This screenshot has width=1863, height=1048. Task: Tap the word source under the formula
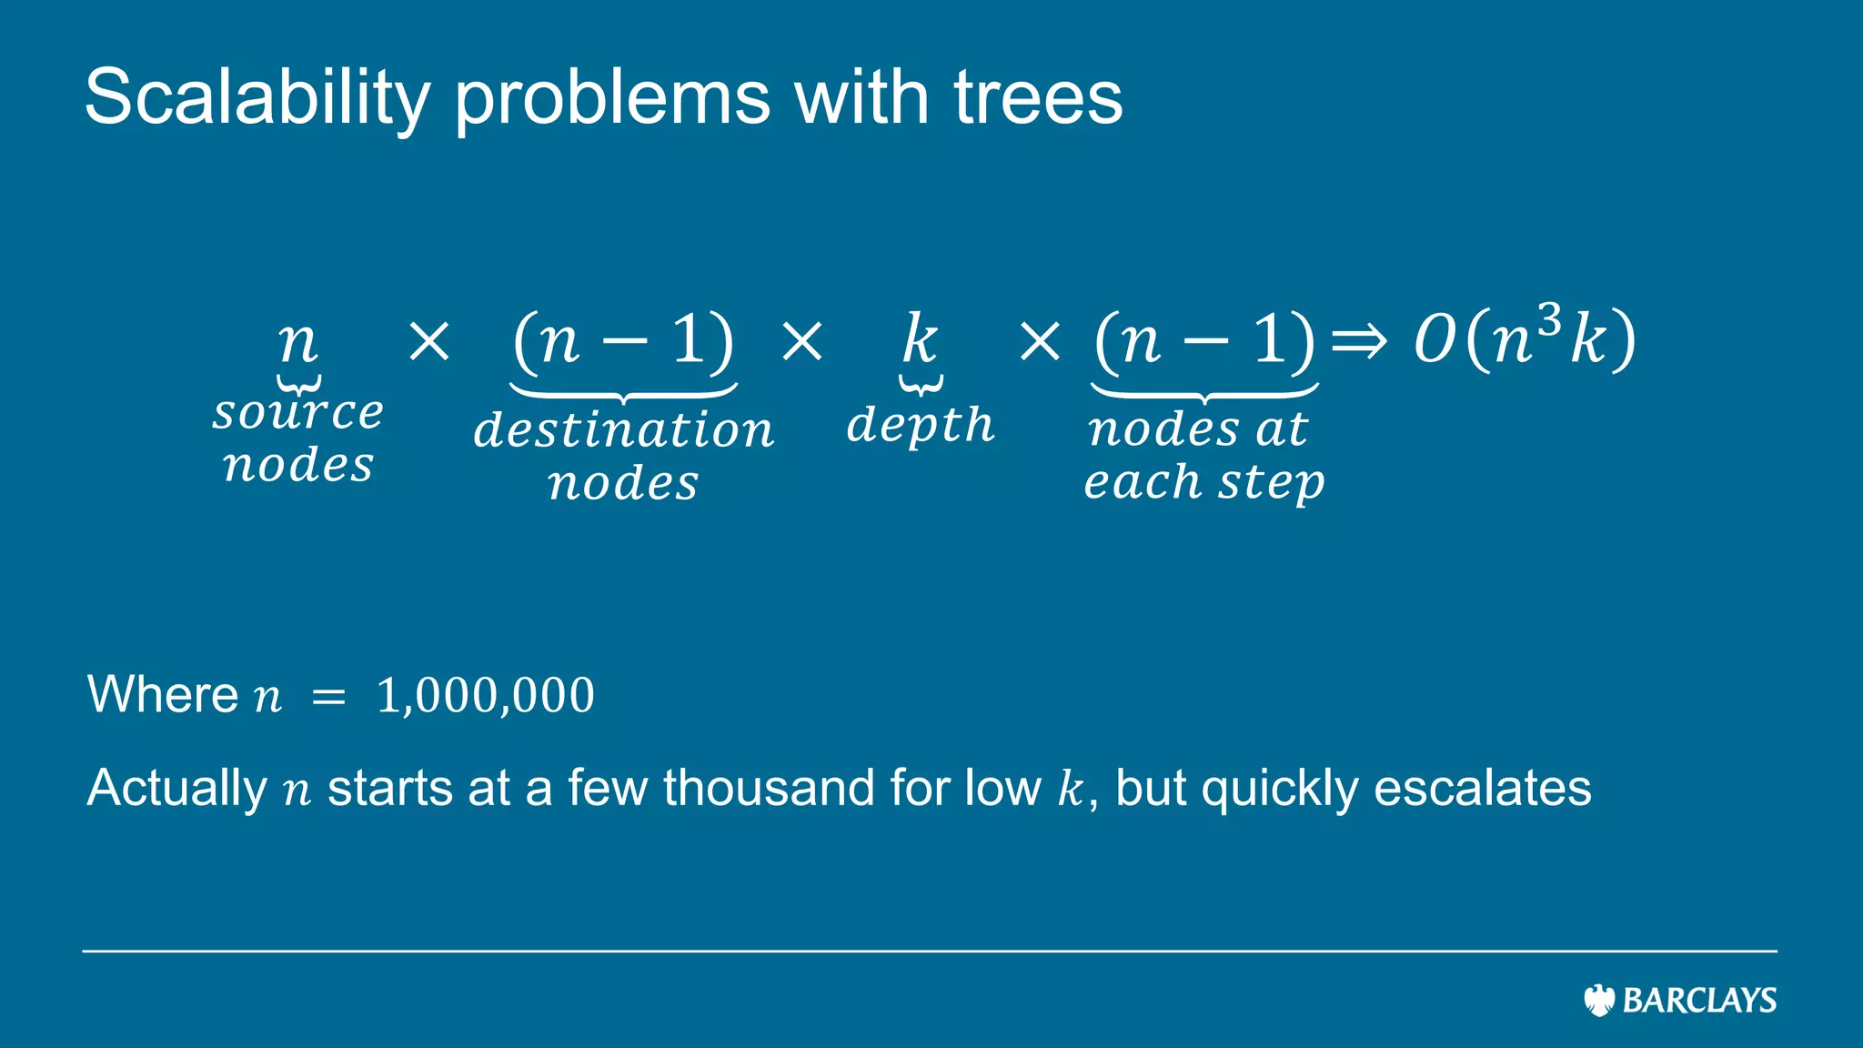click(298, 413)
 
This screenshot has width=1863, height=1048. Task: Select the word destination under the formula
click(623, 429)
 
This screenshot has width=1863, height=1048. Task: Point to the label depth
click(921, 425)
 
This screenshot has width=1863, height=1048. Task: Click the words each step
click(1203, 481)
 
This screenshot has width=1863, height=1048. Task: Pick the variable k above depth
click(920, 339)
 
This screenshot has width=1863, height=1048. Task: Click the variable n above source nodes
click(297, 343)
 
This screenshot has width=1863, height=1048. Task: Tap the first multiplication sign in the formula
click(429, 342)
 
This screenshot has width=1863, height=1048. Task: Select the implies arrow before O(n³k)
click(1359, 343)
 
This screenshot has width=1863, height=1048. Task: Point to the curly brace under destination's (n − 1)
click(623, 392)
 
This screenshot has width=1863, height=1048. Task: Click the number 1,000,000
click(485, 696)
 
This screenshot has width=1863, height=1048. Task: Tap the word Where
click(162, 695)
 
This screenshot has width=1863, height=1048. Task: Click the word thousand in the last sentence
click(769, 788)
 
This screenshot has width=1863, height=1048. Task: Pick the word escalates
click(1482, 788)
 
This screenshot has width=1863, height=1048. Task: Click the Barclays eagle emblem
click(1598, 1000)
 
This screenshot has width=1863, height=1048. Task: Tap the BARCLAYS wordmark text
click(1699, 1001)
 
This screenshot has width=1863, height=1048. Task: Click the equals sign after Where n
click(328, 698)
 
